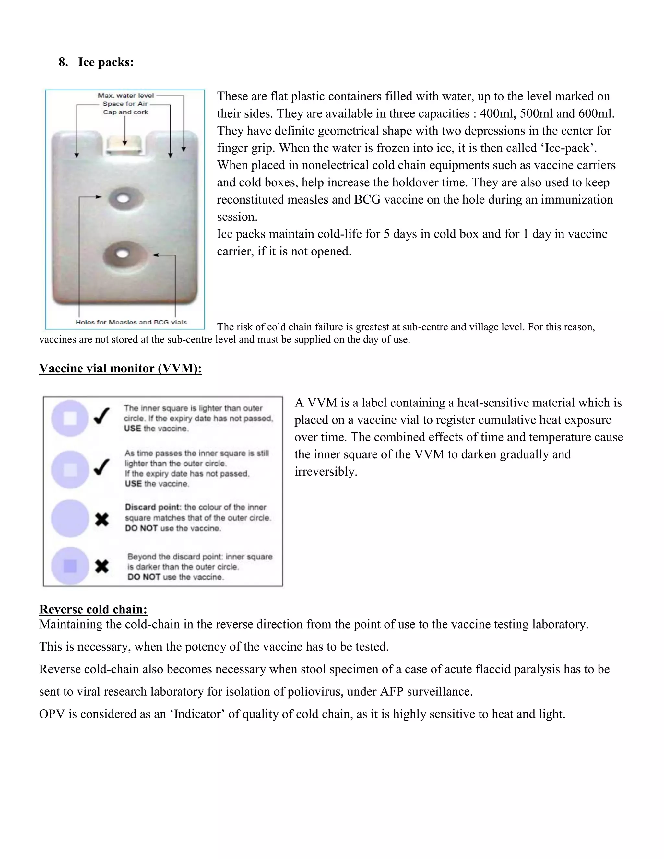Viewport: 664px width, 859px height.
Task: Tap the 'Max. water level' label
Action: click(x=125, y=96)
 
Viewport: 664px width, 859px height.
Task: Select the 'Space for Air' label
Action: click(x=125, y=104)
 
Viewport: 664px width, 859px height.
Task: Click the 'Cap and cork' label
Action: click(x=125, y=112)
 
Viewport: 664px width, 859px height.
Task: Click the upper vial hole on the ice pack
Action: click(x=123, y=199)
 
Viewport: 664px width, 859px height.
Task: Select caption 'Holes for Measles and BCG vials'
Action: click(x=131, y=322)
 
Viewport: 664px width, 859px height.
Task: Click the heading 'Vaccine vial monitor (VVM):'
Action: click(x=120, y=368)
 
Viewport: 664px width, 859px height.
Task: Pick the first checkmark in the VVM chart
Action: click(x=101, y=416)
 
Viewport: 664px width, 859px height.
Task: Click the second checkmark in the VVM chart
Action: click(x=101, y=467)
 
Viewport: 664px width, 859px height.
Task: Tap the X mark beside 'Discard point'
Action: click(x=102, y=520)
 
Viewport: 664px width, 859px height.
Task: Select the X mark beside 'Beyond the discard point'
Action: click(x=102, y=566)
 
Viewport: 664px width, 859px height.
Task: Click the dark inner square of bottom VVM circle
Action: click(x=70, y=566)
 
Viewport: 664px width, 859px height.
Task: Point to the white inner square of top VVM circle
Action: click(x=70, y=418)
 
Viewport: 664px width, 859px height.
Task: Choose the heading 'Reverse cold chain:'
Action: click(x=93, y=609)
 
